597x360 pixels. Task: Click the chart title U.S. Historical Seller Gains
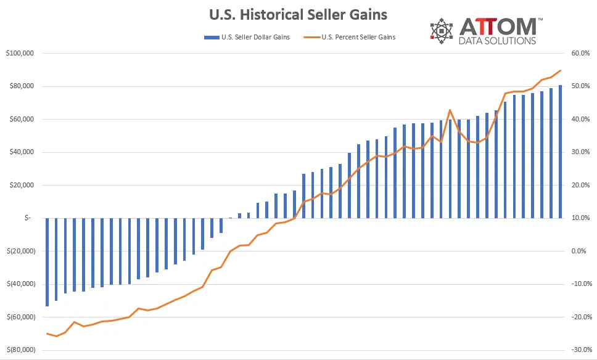click(298, 14)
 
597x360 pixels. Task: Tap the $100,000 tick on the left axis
click(19, 54)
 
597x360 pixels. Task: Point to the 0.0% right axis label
click(582, 251)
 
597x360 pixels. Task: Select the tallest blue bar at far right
click(560, 151)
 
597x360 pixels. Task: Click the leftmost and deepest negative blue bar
click(47, 262)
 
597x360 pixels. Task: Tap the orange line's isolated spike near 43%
click(450, 110)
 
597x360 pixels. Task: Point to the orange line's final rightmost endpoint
click(560, 71)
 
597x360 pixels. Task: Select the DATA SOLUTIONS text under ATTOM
click(497, 41)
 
